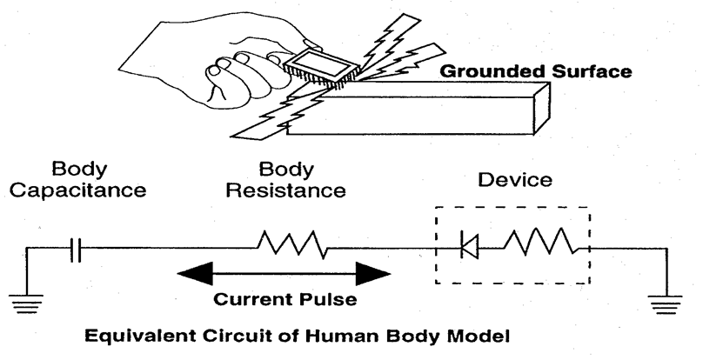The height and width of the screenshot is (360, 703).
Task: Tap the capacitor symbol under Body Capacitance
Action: click(77, 252)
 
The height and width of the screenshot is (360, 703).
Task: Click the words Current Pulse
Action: click(284, 301)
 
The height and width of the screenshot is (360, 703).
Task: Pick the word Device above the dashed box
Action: click(514, 181)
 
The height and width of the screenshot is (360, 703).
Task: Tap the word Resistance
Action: click(285, 189)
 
